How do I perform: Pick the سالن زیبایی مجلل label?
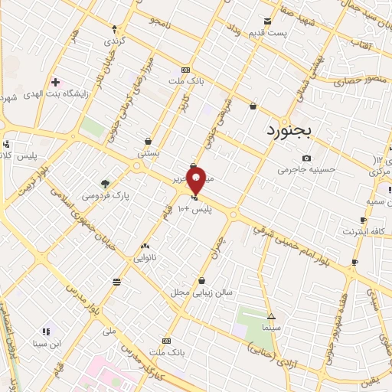point(201,292)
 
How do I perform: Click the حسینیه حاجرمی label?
point(305,169)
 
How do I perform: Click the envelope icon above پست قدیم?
point(267,21)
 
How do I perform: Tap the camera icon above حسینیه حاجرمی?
point(306,158)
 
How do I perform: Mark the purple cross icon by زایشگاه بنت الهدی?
point(54,82)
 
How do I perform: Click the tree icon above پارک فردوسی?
point(106,183)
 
